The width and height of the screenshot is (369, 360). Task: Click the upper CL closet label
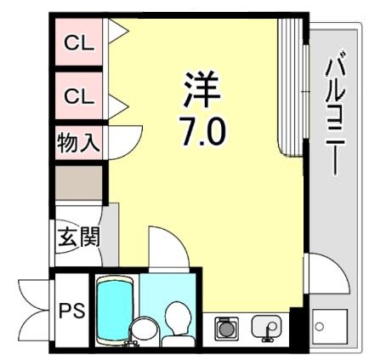(x=79, y=43)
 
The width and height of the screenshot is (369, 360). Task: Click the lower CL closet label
(x=79, y=96)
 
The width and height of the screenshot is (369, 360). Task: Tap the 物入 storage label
(x=78, y=142)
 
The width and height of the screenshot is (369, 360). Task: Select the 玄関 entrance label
(x=78, y=236)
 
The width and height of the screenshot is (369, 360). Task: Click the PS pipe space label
(x=71, y=311)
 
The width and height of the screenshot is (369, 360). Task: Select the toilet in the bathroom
(x=178, y=321)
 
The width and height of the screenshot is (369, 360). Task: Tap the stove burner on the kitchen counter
(x=226, y=327)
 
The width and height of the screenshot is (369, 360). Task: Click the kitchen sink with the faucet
(x=266, y=327)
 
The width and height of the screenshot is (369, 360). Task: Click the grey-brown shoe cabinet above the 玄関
(x=78, y=182)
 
